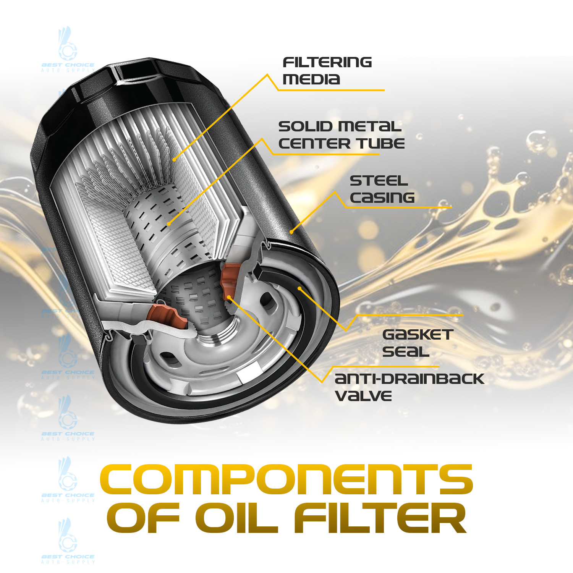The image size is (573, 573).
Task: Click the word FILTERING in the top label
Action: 327,62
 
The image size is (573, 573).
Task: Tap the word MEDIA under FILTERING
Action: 311,79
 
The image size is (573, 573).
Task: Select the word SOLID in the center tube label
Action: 305,126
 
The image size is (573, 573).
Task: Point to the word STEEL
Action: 379,181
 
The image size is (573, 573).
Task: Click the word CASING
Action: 382,197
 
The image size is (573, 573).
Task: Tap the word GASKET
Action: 418,335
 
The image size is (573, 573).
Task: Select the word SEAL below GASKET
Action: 406,351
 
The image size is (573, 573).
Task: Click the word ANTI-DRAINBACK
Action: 409,379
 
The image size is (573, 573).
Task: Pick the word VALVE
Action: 363,396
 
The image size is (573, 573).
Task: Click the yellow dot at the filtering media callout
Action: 174,160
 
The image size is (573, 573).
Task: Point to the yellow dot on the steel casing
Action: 291,231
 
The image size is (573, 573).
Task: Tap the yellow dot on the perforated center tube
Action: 169,223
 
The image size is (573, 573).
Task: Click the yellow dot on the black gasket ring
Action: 300,288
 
